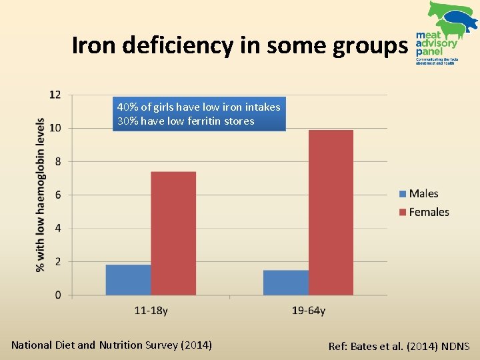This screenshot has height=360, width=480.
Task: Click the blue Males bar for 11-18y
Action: pos(128,279)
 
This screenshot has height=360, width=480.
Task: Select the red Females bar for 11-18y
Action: pos(173,233)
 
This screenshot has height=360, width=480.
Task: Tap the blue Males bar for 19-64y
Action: pos(285,282)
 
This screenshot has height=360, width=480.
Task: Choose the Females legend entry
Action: pos(423,212)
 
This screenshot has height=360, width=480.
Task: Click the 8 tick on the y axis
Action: pos(57,161)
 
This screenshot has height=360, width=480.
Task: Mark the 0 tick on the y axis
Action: pos(57,295)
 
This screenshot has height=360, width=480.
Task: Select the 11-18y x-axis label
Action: pos(151,311)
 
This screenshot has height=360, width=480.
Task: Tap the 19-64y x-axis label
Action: pos(308,311)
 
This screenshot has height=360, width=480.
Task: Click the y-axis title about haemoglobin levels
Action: pos(40,195)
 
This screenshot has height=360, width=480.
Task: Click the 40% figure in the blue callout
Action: pos(126,107)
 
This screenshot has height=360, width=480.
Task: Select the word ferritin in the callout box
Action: pos(201,121)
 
